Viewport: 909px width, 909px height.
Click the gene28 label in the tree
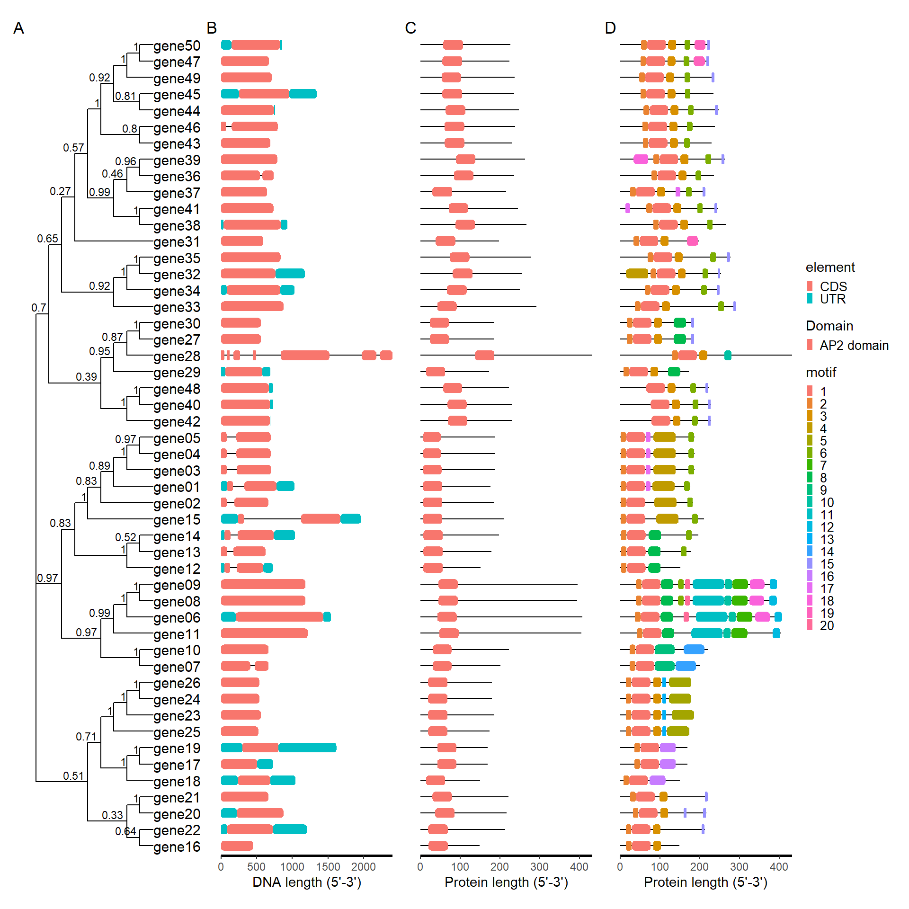click(x=177, y=356)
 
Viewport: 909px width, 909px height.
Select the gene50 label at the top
click(x=177, y=46)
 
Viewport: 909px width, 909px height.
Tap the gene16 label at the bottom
click(x=177, y=847)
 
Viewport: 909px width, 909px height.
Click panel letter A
click(x=18, y=28)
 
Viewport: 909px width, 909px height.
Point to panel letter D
click(x=610, y=28)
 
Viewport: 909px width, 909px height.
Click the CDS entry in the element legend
click(x=833, y=286)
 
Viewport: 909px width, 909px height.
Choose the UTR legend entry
click(x=832, y=299)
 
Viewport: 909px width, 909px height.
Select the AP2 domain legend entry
click(x=854, y=345)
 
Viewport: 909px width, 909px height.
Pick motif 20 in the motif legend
click(x=827, y=625)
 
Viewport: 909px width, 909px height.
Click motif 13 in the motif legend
click(x=827, y=539)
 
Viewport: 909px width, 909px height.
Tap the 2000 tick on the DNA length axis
click(x=364, y=867)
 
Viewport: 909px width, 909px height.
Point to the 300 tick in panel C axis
click(x=539, y=867)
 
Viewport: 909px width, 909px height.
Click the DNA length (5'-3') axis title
click(x=307, y=882)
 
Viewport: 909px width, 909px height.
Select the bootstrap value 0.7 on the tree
click(x=39, y=308)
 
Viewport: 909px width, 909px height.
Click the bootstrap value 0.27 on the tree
click(x=60, y=191)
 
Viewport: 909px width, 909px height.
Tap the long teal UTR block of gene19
click(x=307, y=748)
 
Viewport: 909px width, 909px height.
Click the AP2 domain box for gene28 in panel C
click(x=484, y=356)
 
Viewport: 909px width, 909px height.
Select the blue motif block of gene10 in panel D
click(x=694, y=650)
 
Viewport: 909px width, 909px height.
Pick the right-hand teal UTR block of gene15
click(x=350, y=519)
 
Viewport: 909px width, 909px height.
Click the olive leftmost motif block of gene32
click(x=637, y=274)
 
